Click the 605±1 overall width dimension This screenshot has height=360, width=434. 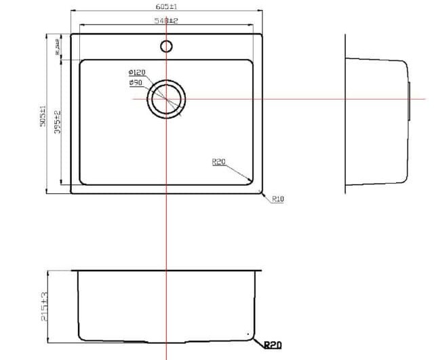(x=165, y=5)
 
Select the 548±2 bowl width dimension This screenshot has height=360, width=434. (x=165, y=21)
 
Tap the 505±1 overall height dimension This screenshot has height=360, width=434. (x=42, y=117)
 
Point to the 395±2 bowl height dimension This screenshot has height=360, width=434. (x=58, y=121)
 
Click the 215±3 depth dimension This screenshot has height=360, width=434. (x=45, y=307)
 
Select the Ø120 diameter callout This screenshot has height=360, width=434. (x=136, y=73)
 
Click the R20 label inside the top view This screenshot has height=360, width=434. (x=218, y=162)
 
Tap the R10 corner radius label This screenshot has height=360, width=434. (x=277, y=199)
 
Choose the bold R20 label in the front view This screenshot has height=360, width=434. (x=272, y=345)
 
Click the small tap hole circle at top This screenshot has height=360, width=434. (x=166, y=46)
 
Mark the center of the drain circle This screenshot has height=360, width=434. (x=166, y=99)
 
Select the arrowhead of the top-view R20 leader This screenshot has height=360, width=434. (x=251, y=180)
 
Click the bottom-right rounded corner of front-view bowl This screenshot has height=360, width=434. (x=250, y=335)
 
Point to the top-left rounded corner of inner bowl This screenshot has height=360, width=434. (x=83, y=62)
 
